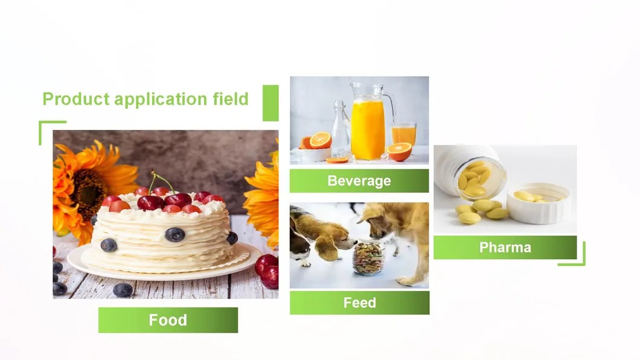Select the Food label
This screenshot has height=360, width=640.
pos(168,320)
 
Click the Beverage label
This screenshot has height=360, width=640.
pos(359,181)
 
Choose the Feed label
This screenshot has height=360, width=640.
pos(359,303)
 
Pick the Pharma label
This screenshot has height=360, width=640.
pos(505,247)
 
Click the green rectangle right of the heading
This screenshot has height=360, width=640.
pos(270,103)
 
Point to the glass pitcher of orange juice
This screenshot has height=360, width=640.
pos(368,127)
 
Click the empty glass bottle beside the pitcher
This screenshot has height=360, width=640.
pos(341,130)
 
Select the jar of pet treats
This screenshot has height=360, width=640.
pos(368,259)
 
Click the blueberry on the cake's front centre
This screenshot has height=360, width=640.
pos(174,234)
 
